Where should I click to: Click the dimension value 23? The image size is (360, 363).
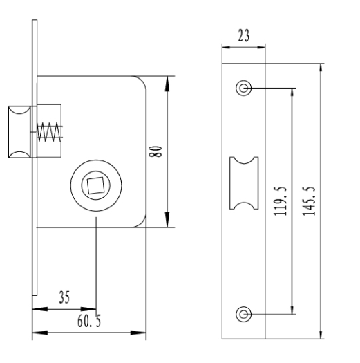coord(244,35)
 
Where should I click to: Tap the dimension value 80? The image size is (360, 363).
coord(155,151)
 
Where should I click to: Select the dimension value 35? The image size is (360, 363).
coord(64,297)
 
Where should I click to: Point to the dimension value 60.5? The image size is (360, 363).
coord(89,321)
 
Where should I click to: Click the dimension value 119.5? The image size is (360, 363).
coord(281,201)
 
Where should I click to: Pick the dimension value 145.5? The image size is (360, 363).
coord(309,201)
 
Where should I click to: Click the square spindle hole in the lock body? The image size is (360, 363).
coord(95,185)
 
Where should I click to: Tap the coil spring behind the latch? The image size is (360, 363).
coord(50,132)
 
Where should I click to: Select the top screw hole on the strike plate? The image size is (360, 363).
coord(243,88)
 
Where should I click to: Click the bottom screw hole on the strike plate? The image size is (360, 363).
coord(243,315)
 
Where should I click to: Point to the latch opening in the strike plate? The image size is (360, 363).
coord(244,183)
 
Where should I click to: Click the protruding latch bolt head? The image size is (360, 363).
coord(19,132)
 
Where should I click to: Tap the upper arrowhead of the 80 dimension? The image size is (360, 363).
coord(167,84)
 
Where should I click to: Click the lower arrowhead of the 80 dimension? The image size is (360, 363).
coord(167,219)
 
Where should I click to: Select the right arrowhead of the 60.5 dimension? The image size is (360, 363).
coord(138,333)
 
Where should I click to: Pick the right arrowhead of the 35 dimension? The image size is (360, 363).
coord(88,309)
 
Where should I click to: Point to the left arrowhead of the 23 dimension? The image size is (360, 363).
coord(226,47)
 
